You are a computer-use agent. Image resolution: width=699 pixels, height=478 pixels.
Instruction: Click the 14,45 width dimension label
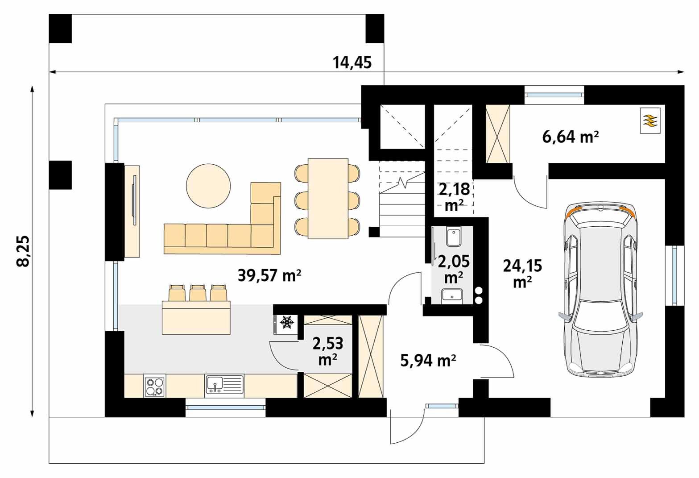pyautogui.click(x=352, y=62)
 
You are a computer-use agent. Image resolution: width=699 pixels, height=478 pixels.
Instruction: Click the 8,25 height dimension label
pyautogui.click(x=23, y=251)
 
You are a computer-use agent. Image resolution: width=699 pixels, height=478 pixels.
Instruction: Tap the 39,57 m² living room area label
pyautogui.click(x=269, y=275)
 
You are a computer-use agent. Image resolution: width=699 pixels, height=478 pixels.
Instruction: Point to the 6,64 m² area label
pyautogui.click(x=571, y=137)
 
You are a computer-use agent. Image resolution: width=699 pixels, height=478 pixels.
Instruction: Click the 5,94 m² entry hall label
pyautogui.click(x=428, y=361)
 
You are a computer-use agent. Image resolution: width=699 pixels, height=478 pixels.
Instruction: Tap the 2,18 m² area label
pyautogui.click(x=454, y=197)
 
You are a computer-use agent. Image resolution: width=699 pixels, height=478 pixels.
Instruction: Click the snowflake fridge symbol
pyautogui.click(x=286, y=322)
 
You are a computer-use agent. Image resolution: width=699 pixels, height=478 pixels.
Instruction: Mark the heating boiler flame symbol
pyautogui.click(x=650, y=121)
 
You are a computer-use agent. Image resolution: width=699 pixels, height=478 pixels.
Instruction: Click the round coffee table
pyautogui.click(x=208, y=186)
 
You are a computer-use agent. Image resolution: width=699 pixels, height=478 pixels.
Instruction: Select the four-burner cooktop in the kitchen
pyautogui.click(x=155, y=387)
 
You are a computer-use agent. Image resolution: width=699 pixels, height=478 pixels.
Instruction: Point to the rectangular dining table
pyautogui.click(x=328, y=199)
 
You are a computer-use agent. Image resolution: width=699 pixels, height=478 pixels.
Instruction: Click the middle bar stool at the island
pyautogui.click(x=197, y=292)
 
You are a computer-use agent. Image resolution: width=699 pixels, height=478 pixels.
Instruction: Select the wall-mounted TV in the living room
pyautogui.click(x=135, y=200)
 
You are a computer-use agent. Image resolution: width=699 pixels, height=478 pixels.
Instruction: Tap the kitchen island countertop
pyautogui.click(x=196, y=317)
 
